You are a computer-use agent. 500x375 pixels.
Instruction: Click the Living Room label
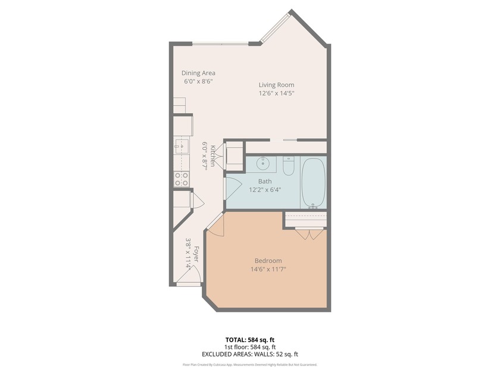click(x=276, y=85)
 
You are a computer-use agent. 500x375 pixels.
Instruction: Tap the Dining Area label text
click(x=198, y=73)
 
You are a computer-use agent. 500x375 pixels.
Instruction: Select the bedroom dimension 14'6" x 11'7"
click(x=268, y=269)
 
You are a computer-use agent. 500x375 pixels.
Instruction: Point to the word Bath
click(x=265, y=181)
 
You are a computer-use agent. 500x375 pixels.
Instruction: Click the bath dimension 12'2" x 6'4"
click(x=265, y=190)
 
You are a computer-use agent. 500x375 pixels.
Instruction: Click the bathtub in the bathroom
click(x=313, y=182)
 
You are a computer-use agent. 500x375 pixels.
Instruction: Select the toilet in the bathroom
click(x=289, y=166)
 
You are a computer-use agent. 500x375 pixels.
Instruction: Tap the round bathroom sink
click(x=262, y=164)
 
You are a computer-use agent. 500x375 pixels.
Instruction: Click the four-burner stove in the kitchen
click(x=182, y=179)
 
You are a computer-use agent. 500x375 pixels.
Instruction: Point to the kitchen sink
click(x=181, y=145)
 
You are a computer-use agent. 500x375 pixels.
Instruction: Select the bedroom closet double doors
click(x=310, y=234)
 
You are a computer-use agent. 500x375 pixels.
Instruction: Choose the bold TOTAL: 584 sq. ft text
click(x=249, y=340)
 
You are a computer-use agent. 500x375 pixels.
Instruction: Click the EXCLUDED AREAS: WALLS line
click(x=249, y=354)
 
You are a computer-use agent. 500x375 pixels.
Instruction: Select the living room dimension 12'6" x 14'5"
click(x=276, y=93)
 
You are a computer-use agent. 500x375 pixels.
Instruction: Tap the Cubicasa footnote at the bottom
click(x=249, y=365)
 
